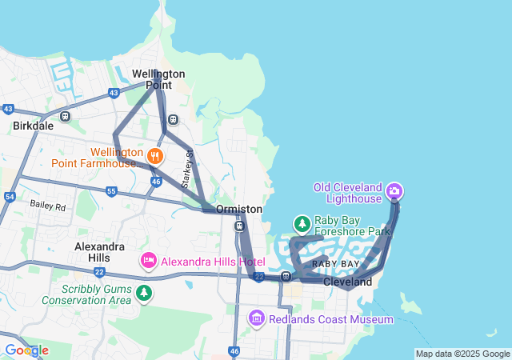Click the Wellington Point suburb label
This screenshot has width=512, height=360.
coord(158,80)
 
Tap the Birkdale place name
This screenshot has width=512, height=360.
coord(33,126)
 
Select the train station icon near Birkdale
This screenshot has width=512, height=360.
coord(65,116)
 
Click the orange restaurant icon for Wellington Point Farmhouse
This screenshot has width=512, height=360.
coord(155,155)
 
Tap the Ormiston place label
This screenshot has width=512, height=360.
coord(239,209)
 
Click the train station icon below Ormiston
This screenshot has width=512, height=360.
coord(239,226)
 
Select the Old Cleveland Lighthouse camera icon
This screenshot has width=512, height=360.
coord(394,191)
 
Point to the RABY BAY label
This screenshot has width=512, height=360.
coord(335,264)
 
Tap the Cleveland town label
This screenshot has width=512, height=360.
coord(348,282)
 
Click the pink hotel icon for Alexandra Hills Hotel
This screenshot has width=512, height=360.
coord(148,260)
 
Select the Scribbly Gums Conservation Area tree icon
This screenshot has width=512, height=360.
coord(144,294)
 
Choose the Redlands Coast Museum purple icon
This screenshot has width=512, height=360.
coord(257,318)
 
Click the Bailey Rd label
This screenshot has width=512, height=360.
coord(47,206)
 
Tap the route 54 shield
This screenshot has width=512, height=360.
coord(10,197)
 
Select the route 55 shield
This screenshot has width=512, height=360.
coord(111,191)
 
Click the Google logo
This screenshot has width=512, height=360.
coord(26,350)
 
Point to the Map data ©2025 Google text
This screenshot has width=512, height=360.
coord(462,354)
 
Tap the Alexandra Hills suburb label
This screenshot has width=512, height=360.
coord(99,252)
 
